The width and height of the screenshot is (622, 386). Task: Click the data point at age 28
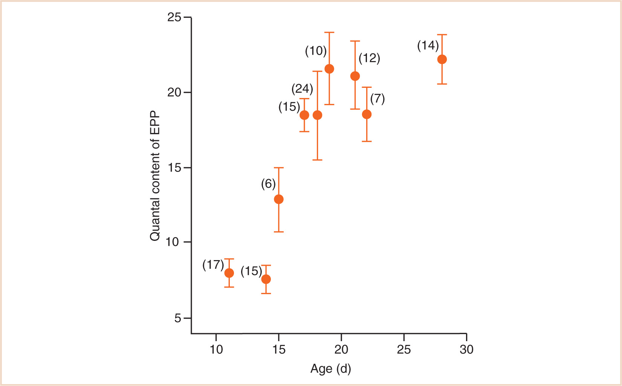(x=442, y=60)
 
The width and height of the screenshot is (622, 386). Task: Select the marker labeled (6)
(x=279, y=199)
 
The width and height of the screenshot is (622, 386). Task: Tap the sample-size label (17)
(x=213, y=265)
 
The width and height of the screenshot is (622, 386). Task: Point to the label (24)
(x=302, y=89)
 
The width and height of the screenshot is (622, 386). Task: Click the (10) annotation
(x=316, y=51)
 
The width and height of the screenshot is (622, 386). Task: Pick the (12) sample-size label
(x=369, y=58)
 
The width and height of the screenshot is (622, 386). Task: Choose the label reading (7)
(x=377, y=99)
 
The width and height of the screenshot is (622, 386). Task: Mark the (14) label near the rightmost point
(x=428, y=46)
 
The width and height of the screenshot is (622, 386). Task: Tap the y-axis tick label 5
(x=177, y=318)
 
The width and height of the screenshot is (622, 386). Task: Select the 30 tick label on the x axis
(x=466, y=350)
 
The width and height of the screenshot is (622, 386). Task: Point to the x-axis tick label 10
(x=216, y=350)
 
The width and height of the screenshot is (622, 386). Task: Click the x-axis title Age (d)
(x=330, y=369)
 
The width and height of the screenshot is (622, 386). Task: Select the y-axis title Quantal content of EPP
(x=155, y=176)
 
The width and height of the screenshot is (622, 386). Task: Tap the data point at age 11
(x=229, y=273)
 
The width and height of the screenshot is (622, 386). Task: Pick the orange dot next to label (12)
(x=355, y=76)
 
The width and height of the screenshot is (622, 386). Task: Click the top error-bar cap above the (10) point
(x=329, y=32)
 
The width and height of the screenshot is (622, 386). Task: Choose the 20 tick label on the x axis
(x=341, y=350)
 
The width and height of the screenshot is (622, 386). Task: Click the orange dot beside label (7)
(x=367, y=114)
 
